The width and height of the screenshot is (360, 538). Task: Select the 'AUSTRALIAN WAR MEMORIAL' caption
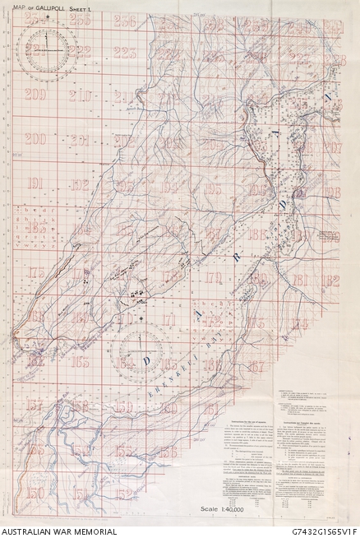click(58, 531)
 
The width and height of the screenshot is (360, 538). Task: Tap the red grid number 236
click(125, 21)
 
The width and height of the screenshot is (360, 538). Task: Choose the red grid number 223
click(125, 53)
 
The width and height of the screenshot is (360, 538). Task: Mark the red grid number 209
click(35, 94)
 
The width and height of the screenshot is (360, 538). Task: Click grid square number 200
click(35, 139)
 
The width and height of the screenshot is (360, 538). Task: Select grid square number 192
click(80, 184)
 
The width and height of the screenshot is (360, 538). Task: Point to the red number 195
click(213, 189)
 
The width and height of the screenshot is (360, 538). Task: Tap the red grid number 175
click(35, 273)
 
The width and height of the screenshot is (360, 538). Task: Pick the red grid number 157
click(35, 404)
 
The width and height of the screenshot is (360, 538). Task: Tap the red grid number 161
click(212, 409)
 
